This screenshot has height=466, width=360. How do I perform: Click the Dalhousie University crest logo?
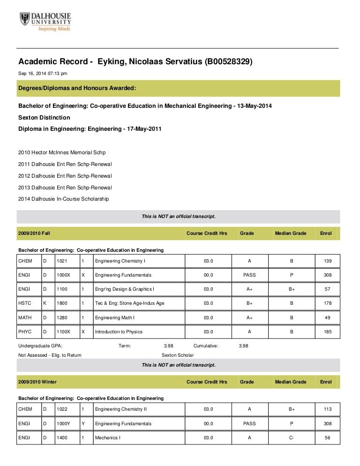(x=24, y=19)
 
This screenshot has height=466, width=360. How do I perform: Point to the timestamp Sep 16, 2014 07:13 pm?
(x=43, y=73)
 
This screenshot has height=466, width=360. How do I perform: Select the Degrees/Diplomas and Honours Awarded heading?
(x=77, y=88)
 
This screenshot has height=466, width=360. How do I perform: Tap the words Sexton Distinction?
(x=44, y=117)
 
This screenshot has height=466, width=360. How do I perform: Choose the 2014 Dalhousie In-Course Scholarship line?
(x=64, y=199)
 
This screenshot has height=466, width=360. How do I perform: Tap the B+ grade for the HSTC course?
(x=249, y=303)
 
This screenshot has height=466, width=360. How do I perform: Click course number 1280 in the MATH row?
(x=62, y=318)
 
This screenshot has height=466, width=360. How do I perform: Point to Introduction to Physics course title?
(x=119, y=332)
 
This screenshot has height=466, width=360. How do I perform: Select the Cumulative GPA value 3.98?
(x=243, y=346)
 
